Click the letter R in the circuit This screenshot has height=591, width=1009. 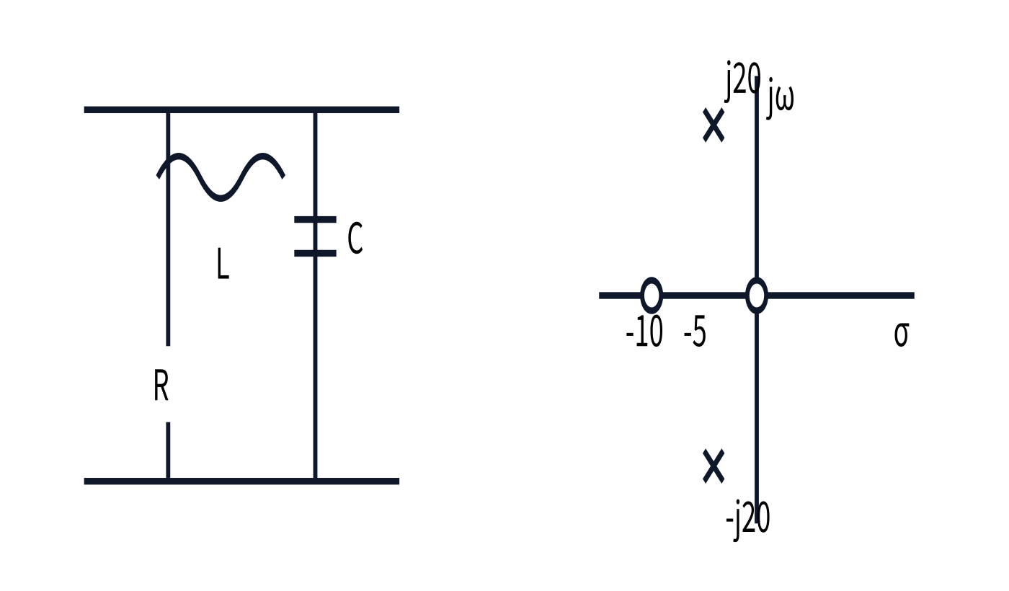pos(161,385)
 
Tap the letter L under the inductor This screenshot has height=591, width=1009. pos(223,264)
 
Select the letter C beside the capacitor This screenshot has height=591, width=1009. pos(355,238)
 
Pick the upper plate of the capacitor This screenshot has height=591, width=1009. pos(316,219)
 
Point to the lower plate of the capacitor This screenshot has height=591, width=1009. pos(316,253)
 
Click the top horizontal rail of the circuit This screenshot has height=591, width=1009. pos(241,110)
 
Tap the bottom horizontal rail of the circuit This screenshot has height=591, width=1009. pos(241,481)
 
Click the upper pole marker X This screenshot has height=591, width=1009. pos(714,125)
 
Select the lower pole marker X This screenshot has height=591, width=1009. pos(714,466)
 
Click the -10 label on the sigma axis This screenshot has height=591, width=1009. pos(644,332)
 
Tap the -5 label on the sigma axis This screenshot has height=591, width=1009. pos(695,332)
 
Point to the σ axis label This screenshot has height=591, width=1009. pos(902,335)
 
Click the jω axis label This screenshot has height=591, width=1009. pos(780,98)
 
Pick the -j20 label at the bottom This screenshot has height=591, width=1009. pos(748,520)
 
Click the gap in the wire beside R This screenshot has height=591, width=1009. pos(168,384)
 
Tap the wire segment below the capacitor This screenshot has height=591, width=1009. pos(316,368)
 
